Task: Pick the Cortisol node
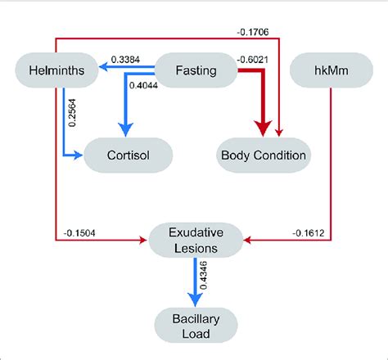(x=128, y=153)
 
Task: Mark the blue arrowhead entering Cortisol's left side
(x=81, y=153)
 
